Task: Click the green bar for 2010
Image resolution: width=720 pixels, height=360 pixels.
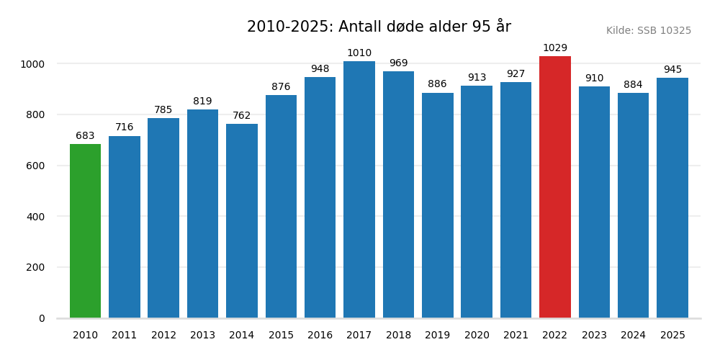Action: tap(85, 231)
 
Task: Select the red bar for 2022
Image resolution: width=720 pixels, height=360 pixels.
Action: tap(554, 187)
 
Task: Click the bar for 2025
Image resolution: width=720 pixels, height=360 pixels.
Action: tap(672, 198)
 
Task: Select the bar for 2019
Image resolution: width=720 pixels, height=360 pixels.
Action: tap(437, 205)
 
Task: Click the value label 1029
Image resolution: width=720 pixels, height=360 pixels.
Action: tap(554, 48)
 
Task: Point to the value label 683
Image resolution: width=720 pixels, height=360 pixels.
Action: tap(85, 136)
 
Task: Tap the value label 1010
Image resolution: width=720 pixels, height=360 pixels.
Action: tap(359, 53)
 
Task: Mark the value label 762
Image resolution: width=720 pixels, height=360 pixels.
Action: tap(242, 116)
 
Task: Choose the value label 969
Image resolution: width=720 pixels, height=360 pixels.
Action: tap(398, 63)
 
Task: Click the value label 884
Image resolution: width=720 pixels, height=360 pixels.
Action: tap(633, 85)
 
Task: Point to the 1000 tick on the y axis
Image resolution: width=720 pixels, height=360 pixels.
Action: tap(32, 64)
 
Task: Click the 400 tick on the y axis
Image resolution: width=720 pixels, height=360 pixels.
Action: tap(35, 217)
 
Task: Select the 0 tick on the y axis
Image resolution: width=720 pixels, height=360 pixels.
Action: tap(42, 318)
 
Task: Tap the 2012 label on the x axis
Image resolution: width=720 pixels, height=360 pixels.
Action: tap(163, 336)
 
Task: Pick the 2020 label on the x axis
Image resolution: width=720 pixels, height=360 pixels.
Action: tap(477, 336)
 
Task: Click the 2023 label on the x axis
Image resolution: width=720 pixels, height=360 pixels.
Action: tap(594, 336)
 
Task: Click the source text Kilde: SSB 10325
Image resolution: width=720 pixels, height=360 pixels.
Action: tap(648, 31)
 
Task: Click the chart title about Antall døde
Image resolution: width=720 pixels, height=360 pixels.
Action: tap(379, 27)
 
